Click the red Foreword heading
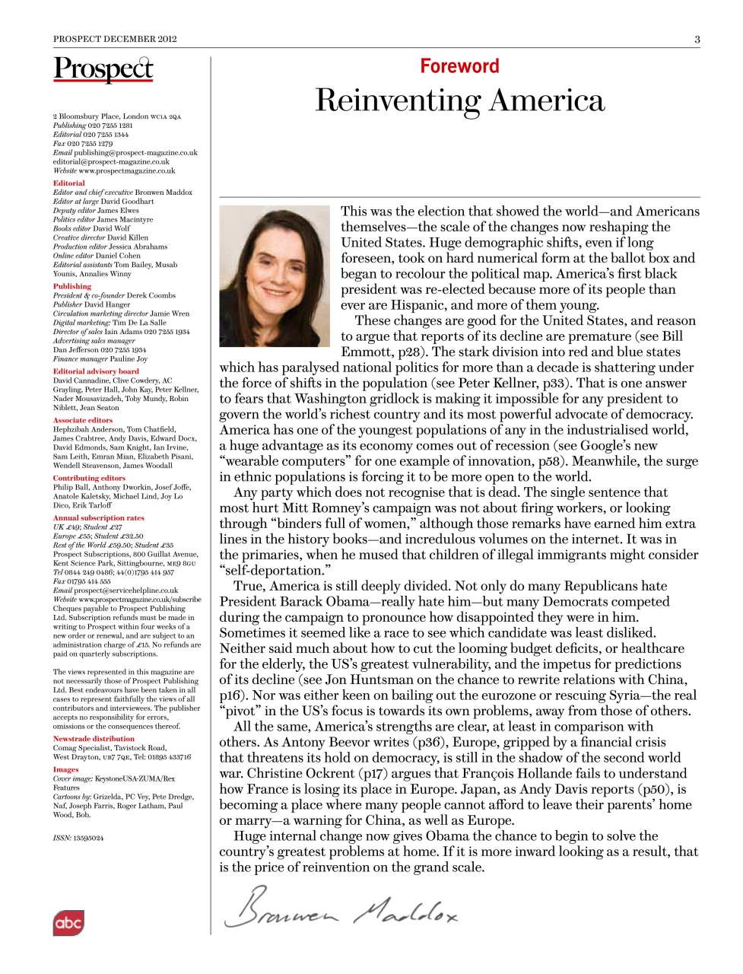[459, 66]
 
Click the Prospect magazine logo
[103, 69]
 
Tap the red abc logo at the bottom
[68, 923]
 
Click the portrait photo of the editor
[275, 275]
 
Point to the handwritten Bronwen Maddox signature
[341, 908]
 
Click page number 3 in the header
[697, 39]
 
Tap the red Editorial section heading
[68, 183]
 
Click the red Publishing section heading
[71, 286]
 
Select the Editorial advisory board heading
[96, 371]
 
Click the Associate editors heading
[82, 420]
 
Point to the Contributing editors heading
[89, 478]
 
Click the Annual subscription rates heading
[98, 517]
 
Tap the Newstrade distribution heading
[94, 738]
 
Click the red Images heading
[65, 769]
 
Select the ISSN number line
[78, 838]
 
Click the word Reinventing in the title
[396, 100]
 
